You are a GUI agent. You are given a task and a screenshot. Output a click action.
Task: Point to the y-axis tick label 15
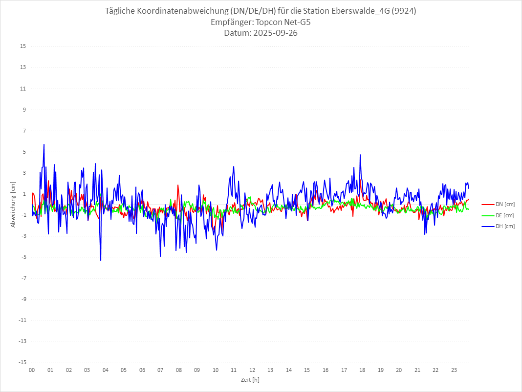coord(22,46)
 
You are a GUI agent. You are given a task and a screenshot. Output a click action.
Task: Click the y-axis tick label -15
coord(22,362)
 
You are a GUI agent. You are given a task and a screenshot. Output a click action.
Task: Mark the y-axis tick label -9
coord(22,299)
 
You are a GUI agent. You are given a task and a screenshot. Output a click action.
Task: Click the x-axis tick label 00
coord(32,370)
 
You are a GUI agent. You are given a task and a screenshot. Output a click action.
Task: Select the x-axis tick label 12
coord(252,370)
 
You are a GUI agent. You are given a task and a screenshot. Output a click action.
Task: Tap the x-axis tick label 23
coord(454,370)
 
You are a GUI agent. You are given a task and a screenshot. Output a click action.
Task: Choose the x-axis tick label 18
coord(362,370)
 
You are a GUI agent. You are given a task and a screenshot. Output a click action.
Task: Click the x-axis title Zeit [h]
coord(250,379)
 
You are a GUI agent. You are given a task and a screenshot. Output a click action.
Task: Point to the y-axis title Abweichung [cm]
coord(13,205)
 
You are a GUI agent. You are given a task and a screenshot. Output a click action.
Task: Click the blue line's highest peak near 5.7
coord(44,144)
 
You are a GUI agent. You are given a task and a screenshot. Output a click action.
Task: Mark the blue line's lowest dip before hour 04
coord(101,260)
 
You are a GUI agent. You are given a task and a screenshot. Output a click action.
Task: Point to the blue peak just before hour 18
coord(360,155)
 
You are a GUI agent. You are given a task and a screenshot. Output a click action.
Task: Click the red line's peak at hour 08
coord(178,185)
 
